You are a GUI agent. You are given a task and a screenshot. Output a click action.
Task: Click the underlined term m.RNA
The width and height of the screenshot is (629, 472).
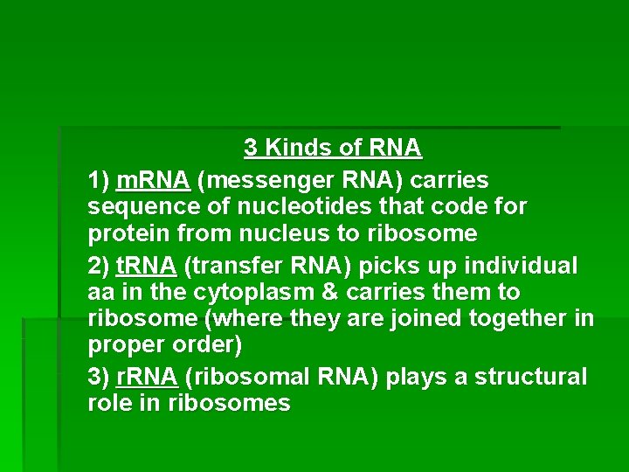(x=153, y=181)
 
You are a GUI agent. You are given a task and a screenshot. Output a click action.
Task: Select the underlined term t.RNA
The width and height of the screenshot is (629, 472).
(x=147, y=266)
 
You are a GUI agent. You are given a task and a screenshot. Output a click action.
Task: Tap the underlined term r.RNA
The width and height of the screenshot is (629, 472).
(x=146, y=378)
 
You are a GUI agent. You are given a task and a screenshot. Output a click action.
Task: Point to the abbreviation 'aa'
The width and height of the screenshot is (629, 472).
(x=101, y=292)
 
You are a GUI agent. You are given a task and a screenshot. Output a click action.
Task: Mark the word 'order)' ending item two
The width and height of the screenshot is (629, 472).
(x=205, y=345)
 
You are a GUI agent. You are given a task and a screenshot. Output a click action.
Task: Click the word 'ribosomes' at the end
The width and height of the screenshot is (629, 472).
(x=241, y=404)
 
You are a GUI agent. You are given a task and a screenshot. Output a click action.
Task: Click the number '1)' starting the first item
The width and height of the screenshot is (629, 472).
(x=99, y=181)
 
